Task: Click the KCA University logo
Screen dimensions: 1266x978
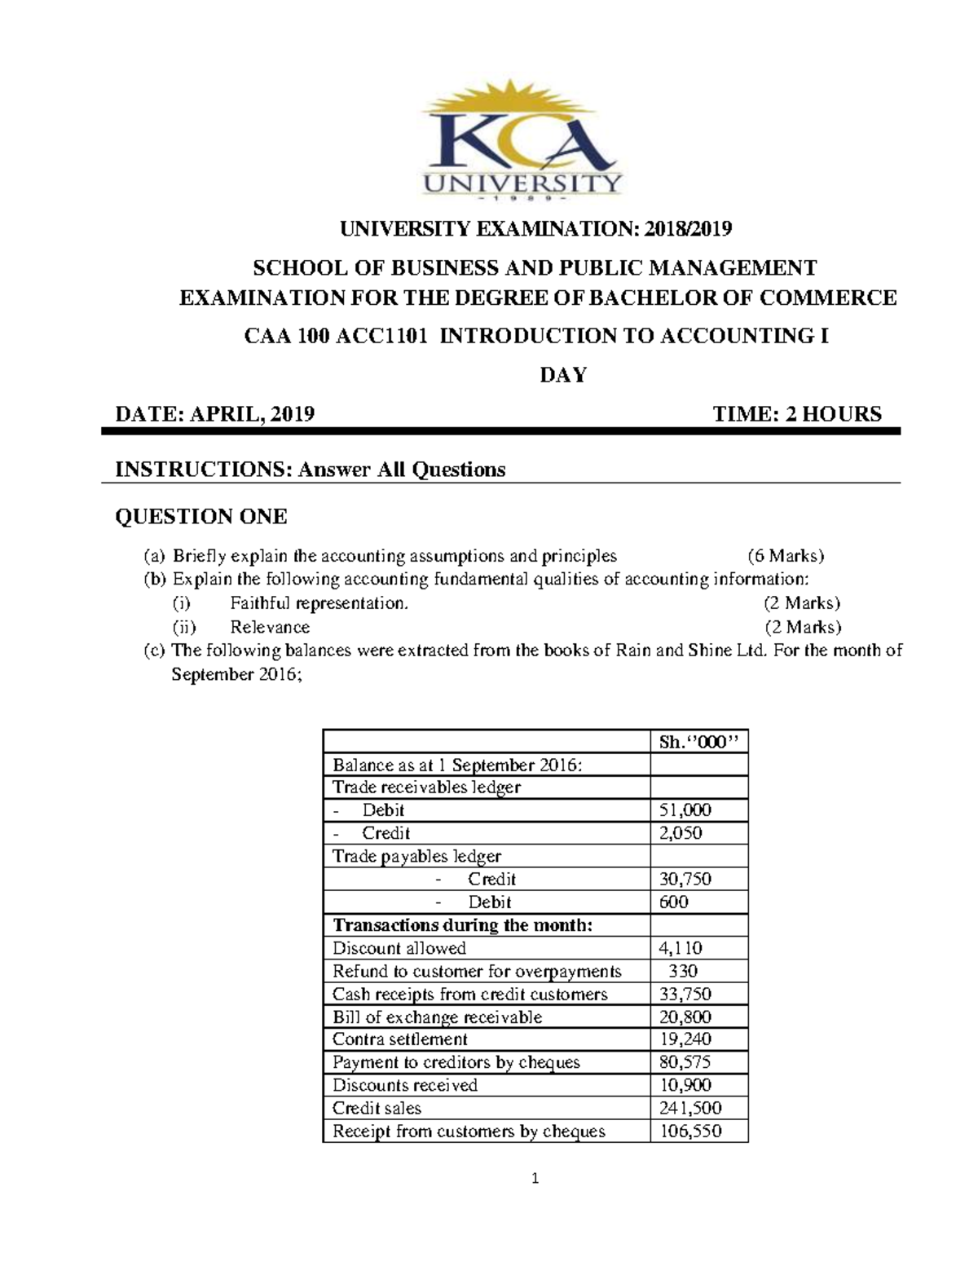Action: pos(522,146)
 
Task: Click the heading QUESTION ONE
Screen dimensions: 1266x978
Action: pos(200,517)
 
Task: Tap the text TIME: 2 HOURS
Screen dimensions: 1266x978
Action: pos(796,414)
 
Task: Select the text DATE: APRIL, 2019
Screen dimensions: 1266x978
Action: pos(215,414)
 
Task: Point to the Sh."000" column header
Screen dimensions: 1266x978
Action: pos(698,742)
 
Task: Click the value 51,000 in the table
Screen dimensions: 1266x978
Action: pos(685,810)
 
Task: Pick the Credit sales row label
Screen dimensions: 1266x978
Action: pos(377,1108)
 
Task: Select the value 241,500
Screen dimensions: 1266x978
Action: pos(689,1108)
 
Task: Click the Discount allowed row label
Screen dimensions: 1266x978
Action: pos(399,948)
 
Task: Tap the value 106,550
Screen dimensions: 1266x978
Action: pos(689,1131)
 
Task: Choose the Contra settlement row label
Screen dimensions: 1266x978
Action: pos(400,1039)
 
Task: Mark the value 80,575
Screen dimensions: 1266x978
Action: pos(685,1062)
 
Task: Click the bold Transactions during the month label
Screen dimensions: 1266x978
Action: pos(463,925)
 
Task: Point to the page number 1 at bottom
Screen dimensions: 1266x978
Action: pos(535,1178)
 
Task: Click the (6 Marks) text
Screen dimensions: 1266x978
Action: pos(786,557)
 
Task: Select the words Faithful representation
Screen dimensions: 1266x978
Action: pos(318,603)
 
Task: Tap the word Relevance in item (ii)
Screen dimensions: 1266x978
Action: pos(270,627)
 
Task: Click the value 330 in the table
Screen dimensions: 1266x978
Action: pos(682,971)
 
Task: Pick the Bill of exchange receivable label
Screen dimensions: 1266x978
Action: pos(437,1017)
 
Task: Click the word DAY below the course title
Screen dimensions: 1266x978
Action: pos(563,375)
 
